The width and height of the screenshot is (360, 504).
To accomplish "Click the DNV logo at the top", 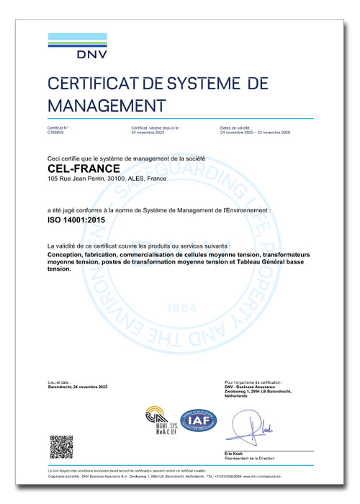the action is pyautogui.click(x=76, y=45).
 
